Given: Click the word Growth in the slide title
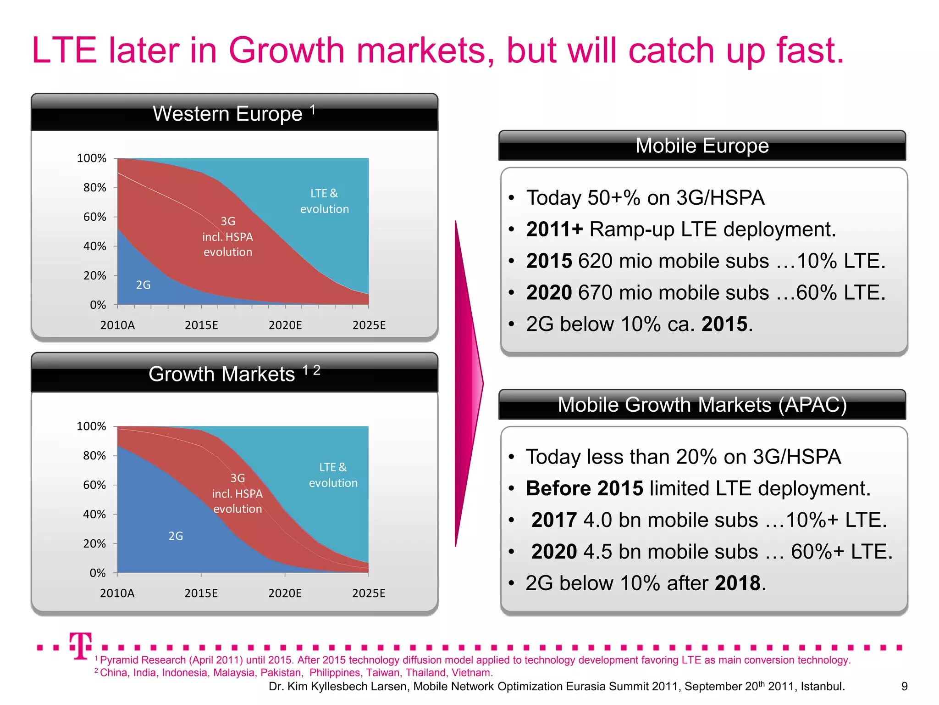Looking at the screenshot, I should point(286,50).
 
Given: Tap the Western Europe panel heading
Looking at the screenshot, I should point(228,113).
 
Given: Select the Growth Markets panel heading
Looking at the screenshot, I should point(222,374).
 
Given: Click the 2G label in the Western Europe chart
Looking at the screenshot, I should point(143,285).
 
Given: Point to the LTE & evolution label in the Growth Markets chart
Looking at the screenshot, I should point(333,475).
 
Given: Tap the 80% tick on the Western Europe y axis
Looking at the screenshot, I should point(94,188).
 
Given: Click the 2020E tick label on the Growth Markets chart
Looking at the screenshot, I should point(285,593).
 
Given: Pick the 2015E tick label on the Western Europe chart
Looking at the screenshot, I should point(201,325).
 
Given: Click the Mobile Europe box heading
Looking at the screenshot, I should point(702,146).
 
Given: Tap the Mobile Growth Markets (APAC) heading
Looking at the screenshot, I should point(702,405).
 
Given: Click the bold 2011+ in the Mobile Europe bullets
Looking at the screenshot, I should point(554,229).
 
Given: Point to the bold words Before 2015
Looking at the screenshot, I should point(585,488).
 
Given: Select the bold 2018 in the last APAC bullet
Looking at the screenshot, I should point(738,583).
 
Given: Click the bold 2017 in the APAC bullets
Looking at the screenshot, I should point(554,520).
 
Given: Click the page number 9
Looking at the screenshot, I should point(904,686).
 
